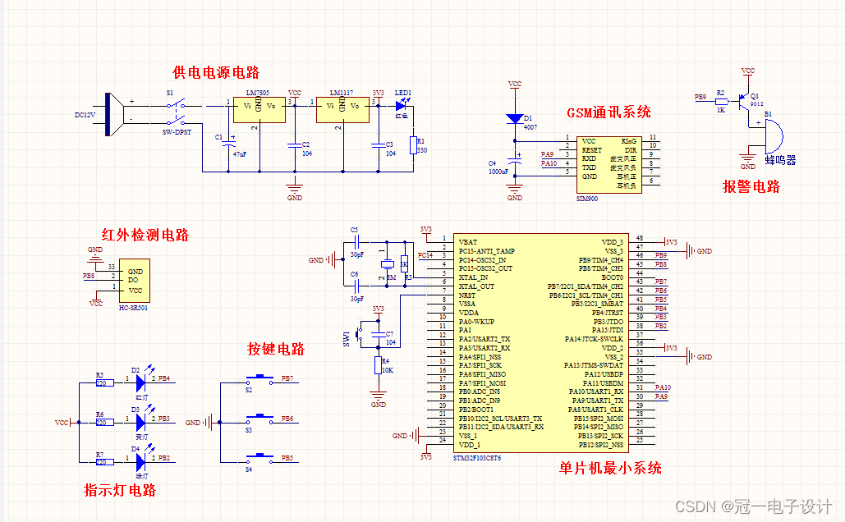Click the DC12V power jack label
tap(85, 116)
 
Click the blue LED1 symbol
tap(402, 105)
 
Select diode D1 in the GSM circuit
tap(515, 119)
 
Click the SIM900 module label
tap(587, 199)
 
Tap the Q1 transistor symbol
tap(746, 102)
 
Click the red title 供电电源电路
tap(216, 72)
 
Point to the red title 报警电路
tap(751, 186)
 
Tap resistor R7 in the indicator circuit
tap(103, 459)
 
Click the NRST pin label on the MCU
tap(467, 295)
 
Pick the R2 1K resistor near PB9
tap(721, 102)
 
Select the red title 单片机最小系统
tap(610, 468)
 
